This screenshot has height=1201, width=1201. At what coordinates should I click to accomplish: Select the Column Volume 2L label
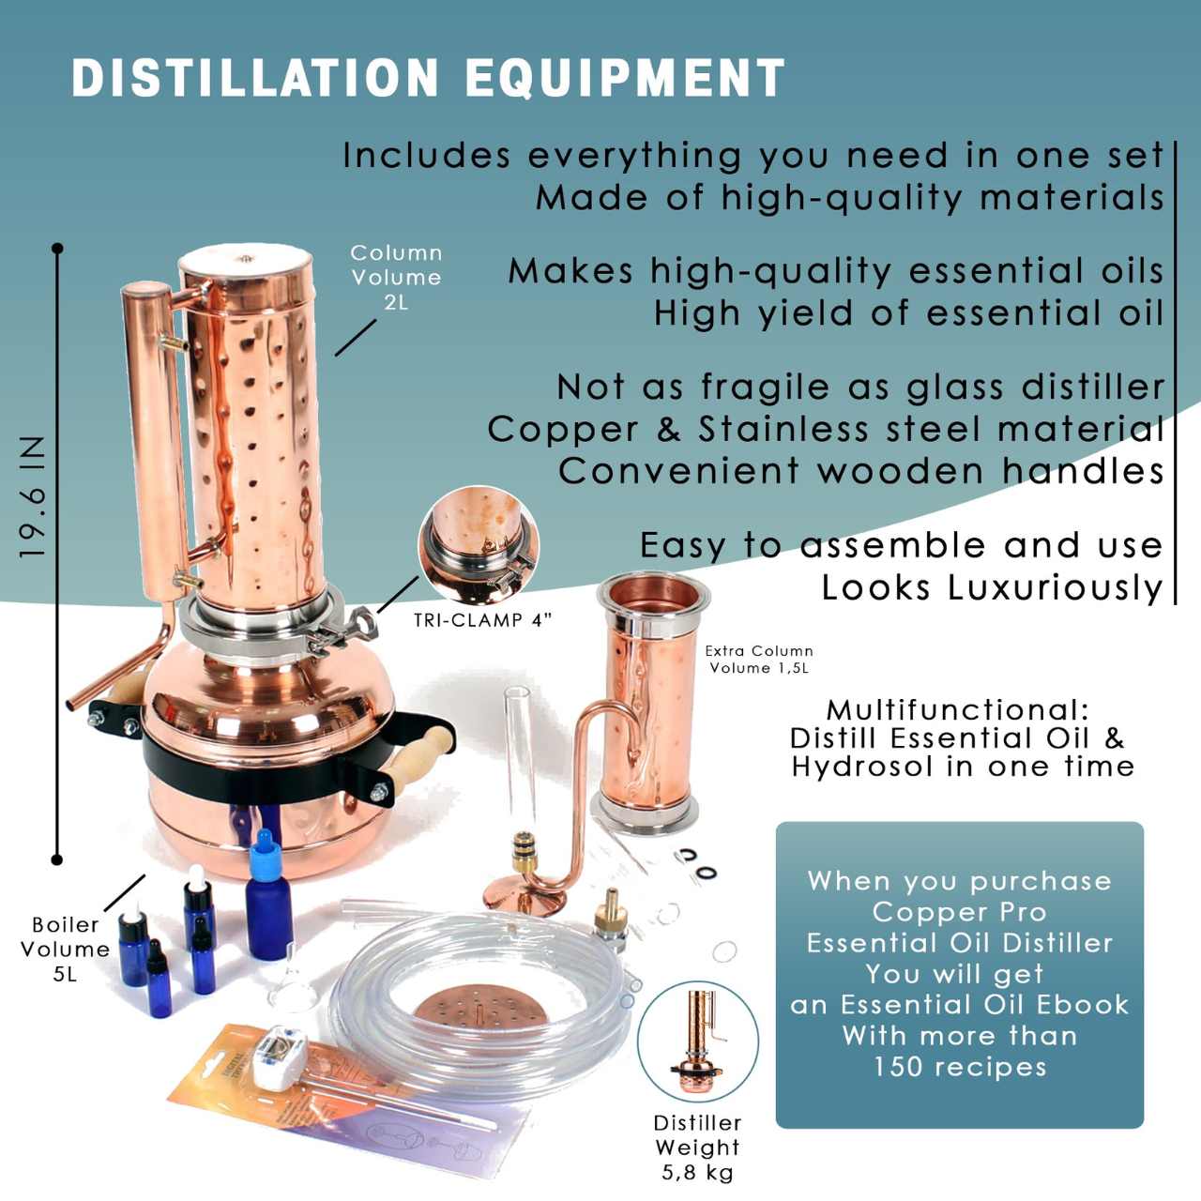point(396,278)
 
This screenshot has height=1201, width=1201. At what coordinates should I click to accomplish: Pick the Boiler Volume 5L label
point(65,949)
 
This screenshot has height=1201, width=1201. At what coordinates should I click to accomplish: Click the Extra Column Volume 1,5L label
point(759,659)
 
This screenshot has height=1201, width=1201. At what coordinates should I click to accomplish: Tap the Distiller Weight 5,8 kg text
point(697,1147)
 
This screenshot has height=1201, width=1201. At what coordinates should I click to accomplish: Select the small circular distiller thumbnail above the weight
point(698,1041)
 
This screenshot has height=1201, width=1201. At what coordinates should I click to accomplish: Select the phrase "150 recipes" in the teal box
point(959,1067)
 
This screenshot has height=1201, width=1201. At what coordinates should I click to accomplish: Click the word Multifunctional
point(957,709)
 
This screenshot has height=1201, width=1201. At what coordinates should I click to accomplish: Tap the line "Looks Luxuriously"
point(992,587)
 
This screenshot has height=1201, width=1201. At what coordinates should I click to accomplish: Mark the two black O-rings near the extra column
point(695,864)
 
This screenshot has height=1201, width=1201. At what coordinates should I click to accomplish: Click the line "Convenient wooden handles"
point(860,471)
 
